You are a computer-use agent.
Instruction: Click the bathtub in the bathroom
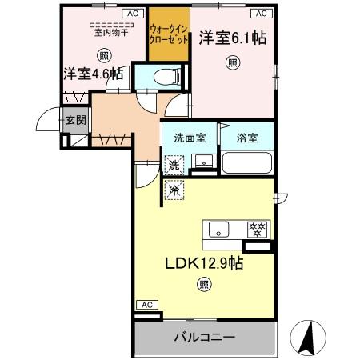click(x=246, y=163)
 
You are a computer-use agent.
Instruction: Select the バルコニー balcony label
click(x=205, y=338)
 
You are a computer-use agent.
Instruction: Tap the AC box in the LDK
click(x=146, y=305)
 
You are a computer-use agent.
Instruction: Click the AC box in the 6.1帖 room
click(x=261, y=14)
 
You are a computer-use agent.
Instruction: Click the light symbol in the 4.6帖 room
click(x=104, y=55)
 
